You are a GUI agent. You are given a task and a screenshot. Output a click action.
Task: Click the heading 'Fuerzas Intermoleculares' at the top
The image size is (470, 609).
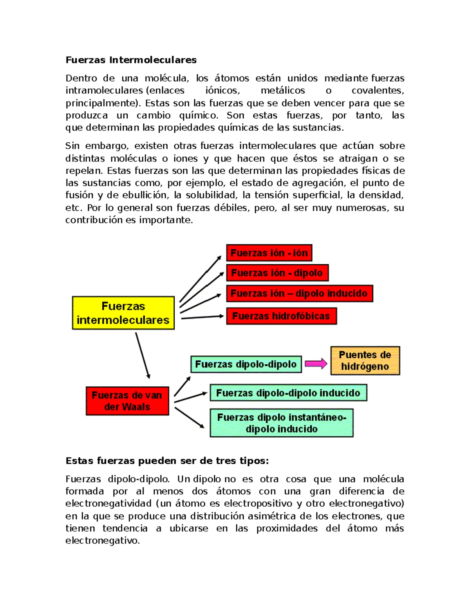(131, 60)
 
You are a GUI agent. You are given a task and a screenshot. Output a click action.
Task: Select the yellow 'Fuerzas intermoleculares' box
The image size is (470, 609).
(123, 313)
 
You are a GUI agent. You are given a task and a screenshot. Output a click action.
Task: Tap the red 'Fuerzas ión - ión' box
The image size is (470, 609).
(269, 253)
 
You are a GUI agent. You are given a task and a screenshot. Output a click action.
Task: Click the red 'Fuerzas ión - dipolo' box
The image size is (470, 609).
(277, 273)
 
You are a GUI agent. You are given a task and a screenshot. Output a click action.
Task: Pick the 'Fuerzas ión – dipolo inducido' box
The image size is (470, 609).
(299, 293)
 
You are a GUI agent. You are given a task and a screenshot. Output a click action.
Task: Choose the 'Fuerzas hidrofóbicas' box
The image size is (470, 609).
(281, 316)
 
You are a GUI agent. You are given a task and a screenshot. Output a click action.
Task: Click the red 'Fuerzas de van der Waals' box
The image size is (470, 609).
(127, 401)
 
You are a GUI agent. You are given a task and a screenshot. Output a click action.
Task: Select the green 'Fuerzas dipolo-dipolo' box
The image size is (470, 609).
(246, 364)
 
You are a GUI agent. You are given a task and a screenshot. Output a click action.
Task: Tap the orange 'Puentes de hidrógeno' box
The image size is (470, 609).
(365, 361)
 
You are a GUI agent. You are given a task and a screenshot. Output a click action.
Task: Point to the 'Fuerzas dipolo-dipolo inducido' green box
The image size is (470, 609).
(288, 393)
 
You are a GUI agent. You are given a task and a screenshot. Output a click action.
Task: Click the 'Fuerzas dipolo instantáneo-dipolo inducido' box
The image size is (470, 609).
(281, 423)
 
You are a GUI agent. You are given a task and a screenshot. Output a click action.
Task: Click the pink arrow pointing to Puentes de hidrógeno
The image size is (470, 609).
(316, 364)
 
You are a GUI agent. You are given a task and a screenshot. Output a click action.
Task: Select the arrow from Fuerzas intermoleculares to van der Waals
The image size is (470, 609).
(143, 355)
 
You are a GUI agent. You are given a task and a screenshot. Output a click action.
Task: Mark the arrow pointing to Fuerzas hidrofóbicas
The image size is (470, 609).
(202, 317)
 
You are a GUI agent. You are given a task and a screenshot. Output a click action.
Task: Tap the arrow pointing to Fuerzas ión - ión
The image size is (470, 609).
(200, 278)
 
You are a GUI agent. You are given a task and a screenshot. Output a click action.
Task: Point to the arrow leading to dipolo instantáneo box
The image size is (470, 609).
(189, 417)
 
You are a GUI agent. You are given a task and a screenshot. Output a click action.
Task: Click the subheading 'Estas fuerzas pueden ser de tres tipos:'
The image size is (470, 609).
(167, 461)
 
